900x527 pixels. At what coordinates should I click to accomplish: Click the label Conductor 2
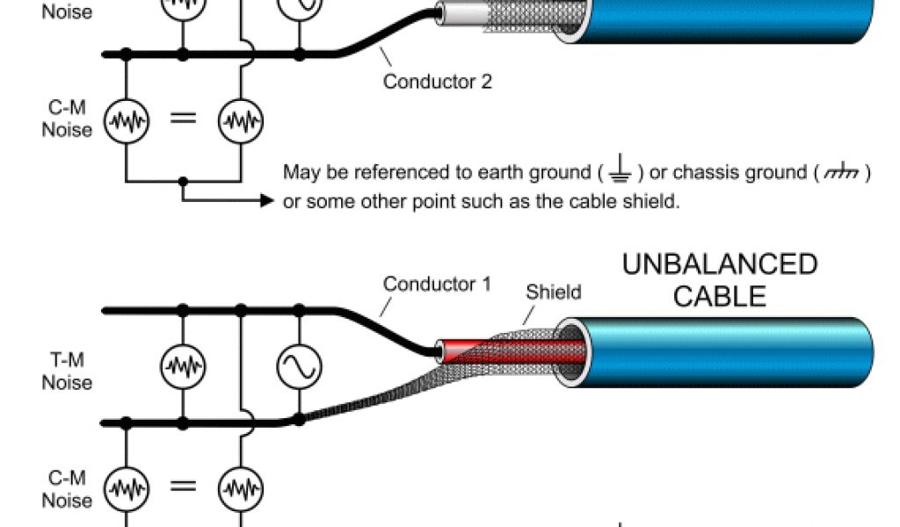click(x=438, y=83)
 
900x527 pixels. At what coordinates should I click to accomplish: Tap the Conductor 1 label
click(x=438, y=285)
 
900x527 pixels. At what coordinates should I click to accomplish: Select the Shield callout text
click(x=553, y=292)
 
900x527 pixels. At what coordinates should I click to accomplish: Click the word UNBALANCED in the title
click(x=720, y=264)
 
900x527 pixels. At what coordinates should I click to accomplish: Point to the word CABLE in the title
click(x=720, y=295)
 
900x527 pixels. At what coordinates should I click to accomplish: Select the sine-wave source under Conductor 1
click(x=299, y=366)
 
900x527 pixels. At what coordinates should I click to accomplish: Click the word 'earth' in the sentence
click(x=503, y=173)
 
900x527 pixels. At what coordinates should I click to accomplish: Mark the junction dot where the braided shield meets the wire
click(x=299, y=420)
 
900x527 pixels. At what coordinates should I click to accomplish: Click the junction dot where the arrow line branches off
click(x=183, y=182)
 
